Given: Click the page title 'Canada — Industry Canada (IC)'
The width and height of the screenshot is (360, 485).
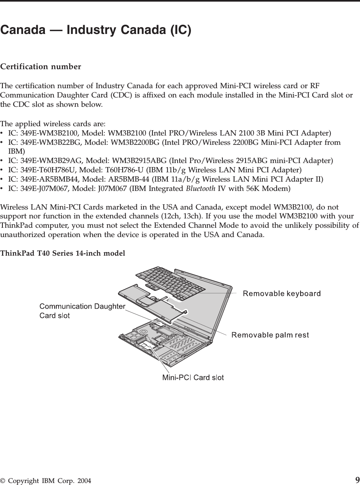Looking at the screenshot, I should tap(96, 30).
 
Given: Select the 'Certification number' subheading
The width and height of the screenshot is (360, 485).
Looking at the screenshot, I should tap(40, 66).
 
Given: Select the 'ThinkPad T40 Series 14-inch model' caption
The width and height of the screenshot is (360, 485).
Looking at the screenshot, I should tap(63, 253).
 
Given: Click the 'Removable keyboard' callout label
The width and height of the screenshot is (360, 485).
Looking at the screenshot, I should tap(282, 293).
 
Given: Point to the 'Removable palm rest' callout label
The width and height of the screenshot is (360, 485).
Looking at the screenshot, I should tap(270, 335).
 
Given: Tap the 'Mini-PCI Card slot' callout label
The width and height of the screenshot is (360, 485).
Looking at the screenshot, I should tap(193, 378).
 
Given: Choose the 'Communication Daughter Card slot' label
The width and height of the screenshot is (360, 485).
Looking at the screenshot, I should tap(82, 311).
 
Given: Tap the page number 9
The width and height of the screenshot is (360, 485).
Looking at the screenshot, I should tap(357, 480).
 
